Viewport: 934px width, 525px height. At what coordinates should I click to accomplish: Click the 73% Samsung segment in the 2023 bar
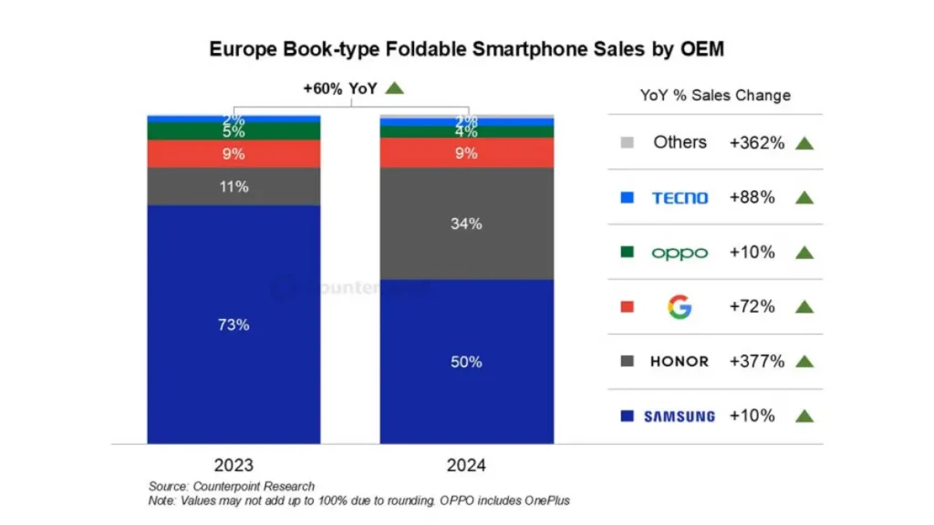click(x=233, y=324)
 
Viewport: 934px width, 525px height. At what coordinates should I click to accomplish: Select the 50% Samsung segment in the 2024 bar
click(x=466, y=361)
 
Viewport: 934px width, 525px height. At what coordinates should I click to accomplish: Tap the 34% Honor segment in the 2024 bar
click(x=466, y=223)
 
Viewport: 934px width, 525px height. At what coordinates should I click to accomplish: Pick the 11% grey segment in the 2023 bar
click(x=233, y=187)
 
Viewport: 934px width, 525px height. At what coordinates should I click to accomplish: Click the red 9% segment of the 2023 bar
click(x=233, y=154)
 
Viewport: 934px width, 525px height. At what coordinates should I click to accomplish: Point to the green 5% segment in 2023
click(x=233, y=131)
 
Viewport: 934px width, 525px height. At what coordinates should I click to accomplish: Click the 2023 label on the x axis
click(x=233, y=465)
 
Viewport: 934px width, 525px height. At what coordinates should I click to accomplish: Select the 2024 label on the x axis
click(x=466, y=465)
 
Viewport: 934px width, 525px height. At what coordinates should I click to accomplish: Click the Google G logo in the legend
click(x=680, y=307)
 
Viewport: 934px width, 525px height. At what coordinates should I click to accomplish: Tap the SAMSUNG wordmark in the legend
click(x=680, y=417)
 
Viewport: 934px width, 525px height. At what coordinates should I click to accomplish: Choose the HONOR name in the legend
click(x=680, y=362)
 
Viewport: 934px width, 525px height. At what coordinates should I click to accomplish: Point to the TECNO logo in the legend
click(x=680, y=198)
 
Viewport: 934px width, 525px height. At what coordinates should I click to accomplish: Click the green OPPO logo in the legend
click(x=680, y=252)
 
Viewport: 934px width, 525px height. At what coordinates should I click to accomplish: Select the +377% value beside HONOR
click(x=756, y=362)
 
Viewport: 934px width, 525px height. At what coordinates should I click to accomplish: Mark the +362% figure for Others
click(x=756, y=143)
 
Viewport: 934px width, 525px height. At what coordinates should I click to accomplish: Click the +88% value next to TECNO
click(x=752, y=198)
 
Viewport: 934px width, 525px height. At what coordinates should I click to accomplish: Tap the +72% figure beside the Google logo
click(x=752, y=307)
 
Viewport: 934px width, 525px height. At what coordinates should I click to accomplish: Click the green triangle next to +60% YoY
click(x=394, y=88)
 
